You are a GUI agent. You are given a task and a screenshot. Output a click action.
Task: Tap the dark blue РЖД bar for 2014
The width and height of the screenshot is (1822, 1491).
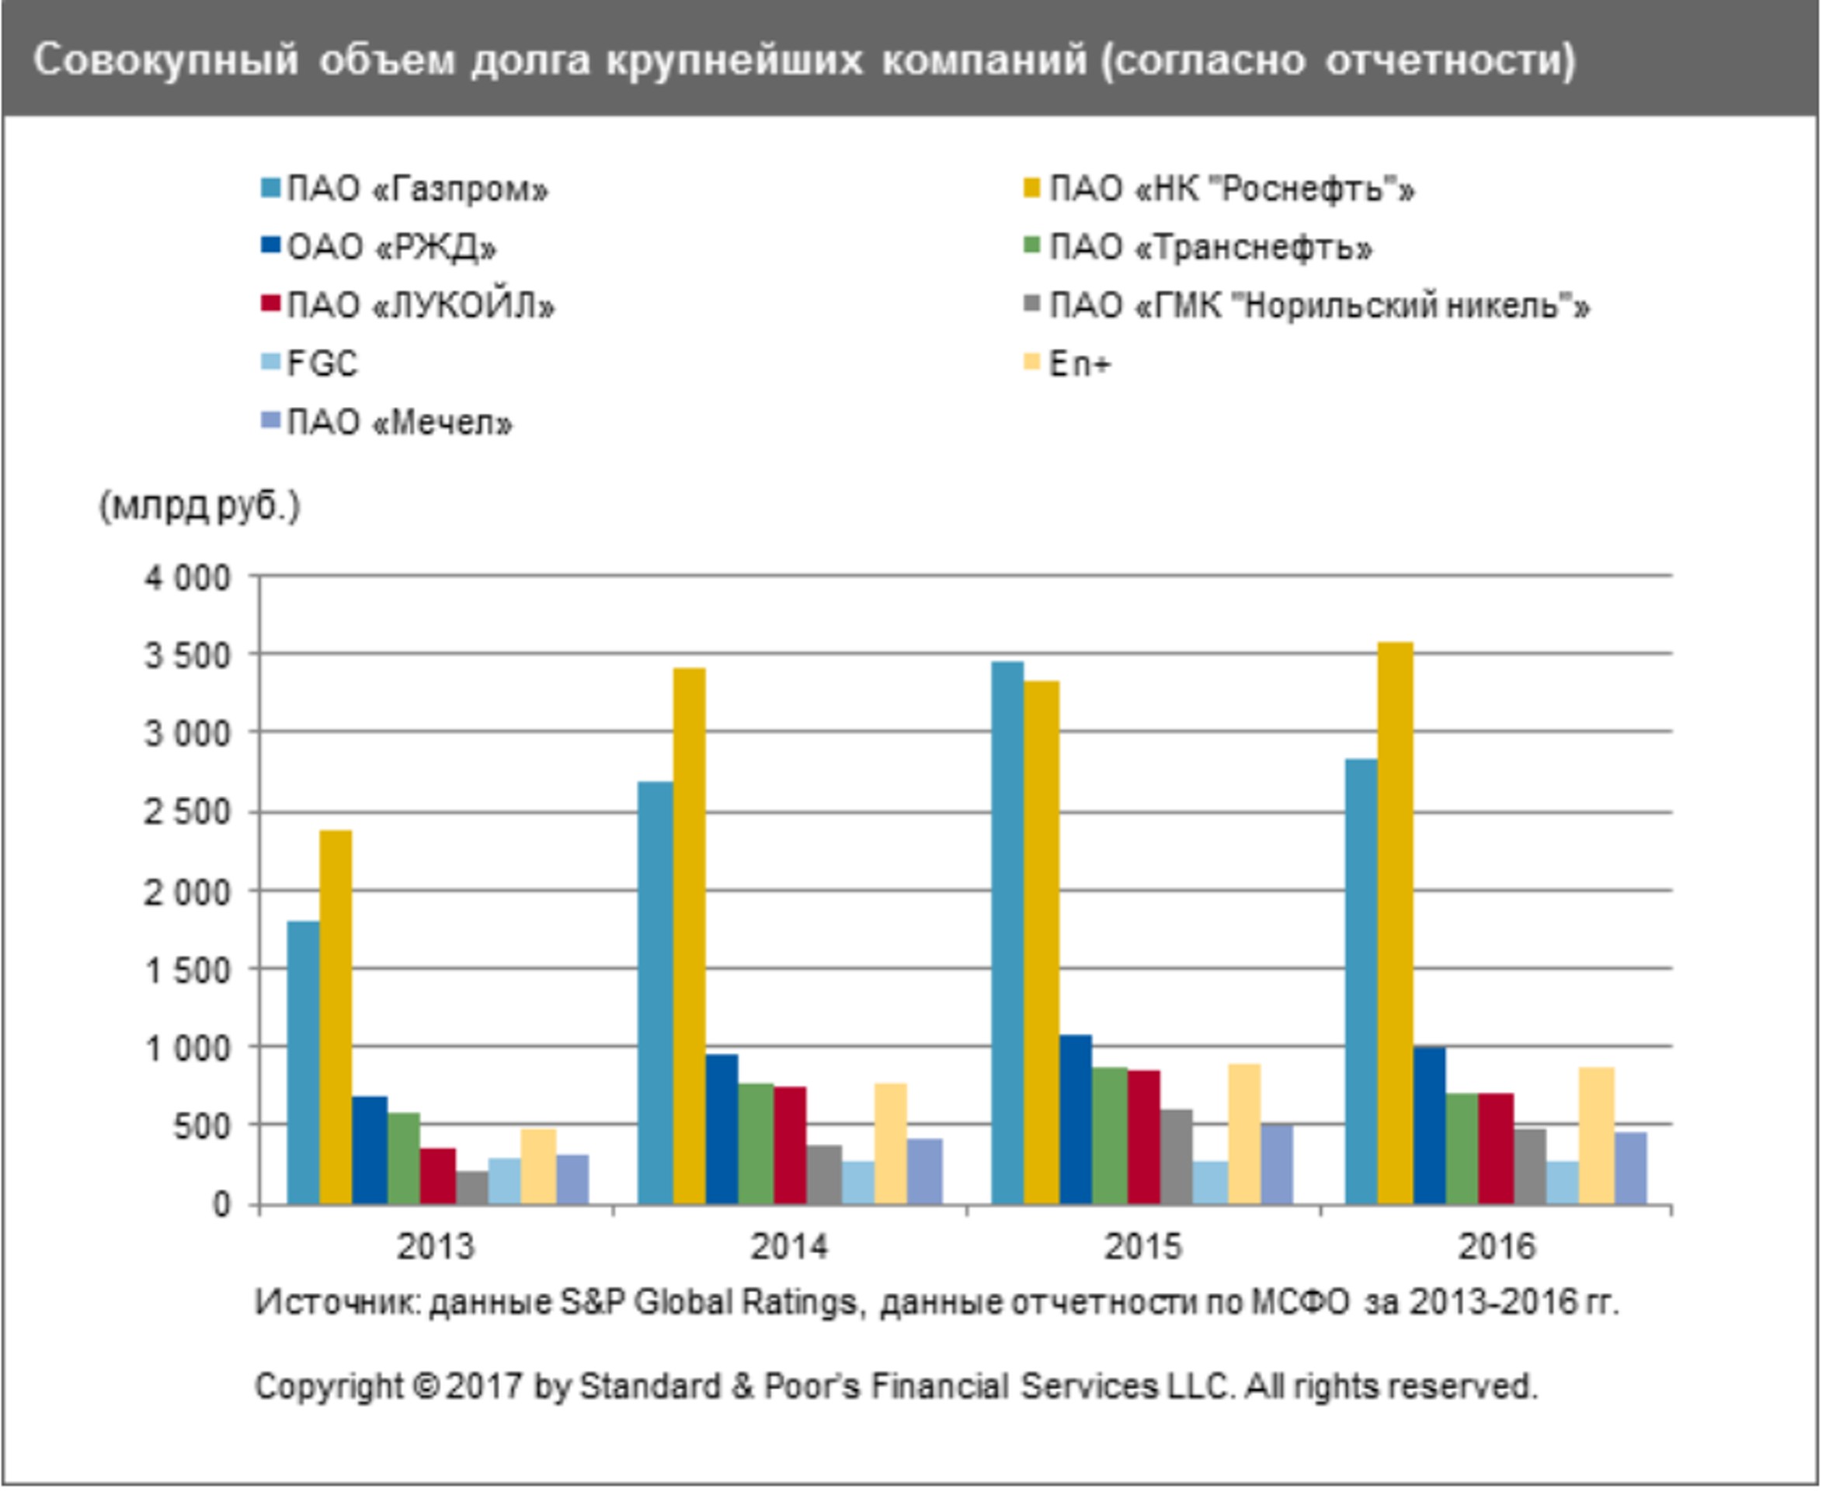[721, 1128]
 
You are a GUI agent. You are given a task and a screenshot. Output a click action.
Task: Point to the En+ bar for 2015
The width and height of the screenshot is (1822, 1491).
[1244, 1134]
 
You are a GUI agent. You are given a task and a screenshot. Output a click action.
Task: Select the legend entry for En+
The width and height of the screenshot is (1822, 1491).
[1079, 363]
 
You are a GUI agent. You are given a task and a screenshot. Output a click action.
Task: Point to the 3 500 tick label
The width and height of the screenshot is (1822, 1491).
[187, 656]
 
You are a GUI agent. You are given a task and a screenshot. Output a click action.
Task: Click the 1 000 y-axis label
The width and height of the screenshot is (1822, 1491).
[187, 1048]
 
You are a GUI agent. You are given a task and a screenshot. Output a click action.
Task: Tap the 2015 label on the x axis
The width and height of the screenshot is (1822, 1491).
[1142, 1246]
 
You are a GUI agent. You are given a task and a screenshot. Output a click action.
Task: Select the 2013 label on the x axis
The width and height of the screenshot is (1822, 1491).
[436, 1246]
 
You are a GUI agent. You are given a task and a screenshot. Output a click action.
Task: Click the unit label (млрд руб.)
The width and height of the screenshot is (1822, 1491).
[200, 507]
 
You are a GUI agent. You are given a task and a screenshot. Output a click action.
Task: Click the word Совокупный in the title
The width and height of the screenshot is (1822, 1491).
[165, 60]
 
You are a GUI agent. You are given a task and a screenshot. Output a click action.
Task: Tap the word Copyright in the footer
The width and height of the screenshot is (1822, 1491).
[329, 1385]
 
